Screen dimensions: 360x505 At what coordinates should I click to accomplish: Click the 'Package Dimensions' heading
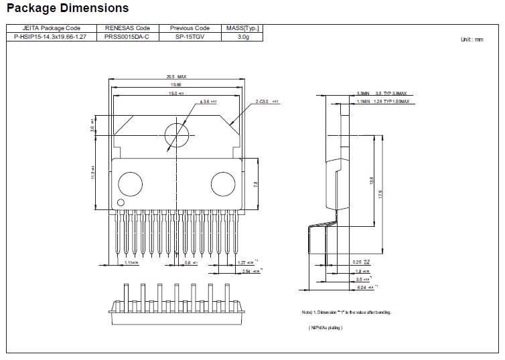pos(68,9)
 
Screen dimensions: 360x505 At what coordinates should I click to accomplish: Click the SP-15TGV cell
pos(190,37)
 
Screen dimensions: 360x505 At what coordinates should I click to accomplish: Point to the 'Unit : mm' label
pos(472,39)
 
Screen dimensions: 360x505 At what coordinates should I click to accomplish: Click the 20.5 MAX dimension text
pos(176,77)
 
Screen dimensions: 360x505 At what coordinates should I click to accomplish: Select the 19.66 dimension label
pos(175,85)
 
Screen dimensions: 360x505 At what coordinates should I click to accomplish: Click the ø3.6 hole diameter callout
pos(208,101)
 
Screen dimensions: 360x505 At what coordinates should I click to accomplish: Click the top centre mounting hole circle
pos(176,133)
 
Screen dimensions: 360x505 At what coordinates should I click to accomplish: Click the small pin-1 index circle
pos(121,202)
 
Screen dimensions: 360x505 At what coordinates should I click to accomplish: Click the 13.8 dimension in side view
pos(370,180)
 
